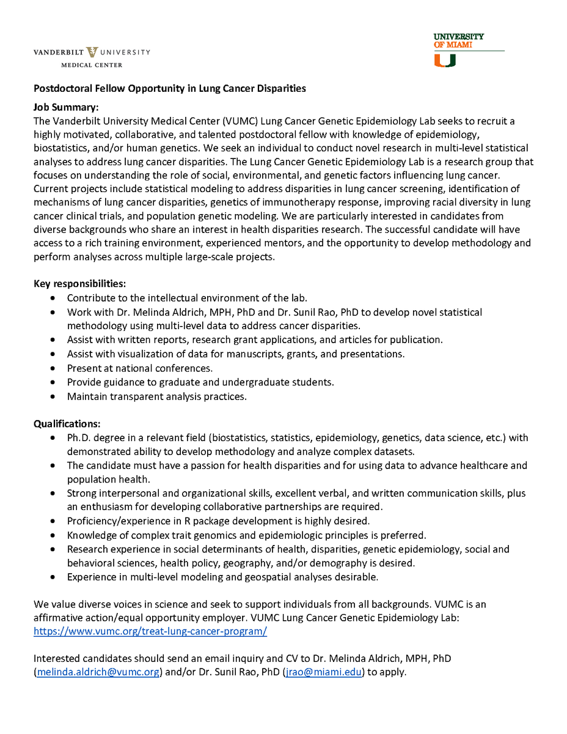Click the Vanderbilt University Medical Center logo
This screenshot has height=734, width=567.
pyautogui.click(x=92, y=56)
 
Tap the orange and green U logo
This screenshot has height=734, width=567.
pyautogui.click(x=444, y=60)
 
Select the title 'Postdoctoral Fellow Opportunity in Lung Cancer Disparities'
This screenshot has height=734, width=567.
pyautogui.click(x=169, y=89)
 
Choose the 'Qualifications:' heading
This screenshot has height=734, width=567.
pyautogui.click(x=67, y=423)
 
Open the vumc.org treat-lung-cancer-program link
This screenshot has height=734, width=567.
pyautogui.click(x=150, y=631)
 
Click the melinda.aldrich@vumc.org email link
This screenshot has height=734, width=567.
pyautogui.click(x=98, y=672)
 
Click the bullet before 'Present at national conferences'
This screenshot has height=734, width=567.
pyautogui.click(x=54, y=368)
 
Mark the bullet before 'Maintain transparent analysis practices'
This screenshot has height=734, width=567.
pyautogui.click(x=54, y=396)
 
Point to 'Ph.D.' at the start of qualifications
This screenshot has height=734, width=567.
pyautogui.click(x=79, y=438)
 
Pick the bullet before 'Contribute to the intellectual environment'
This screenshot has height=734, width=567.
pyautogui.click(x=54, y=298)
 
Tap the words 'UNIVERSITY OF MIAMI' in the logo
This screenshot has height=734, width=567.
pyautogui.click(x=458, y=40)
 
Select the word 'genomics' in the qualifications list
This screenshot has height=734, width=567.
pyautogui.click(x=202, y=535)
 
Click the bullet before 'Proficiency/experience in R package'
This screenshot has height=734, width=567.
pyautogui.click(x=54, y=521)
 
